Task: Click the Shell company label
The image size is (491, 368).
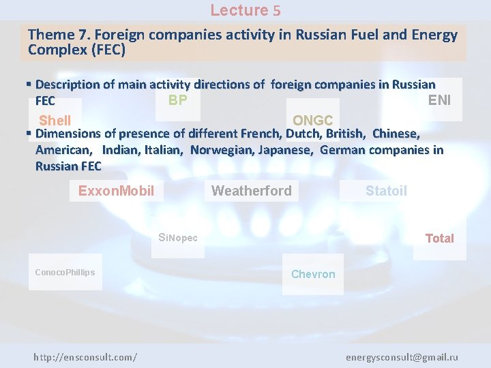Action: pyautogui.click(x=55, y=121)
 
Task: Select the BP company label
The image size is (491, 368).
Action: pyautogui.click(x=177, y=101)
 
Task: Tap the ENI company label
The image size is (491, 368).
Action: pyautogui.click(x=439, y=101)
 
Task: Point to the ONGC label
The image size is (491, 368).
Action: pyautogui.click(x=312, y=121)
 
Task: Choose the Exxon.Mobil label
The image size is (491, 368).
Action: pyautogui.click(x=116, y=191)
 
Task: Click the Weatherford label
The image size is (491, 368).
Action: pyautogui.click(x=251, y=191)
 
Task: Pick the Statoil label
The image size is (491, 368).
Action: pyautogui.click(x=386, y=191)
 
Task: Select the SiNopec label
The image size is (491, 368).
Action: pyautogui.click(x=177, y=238)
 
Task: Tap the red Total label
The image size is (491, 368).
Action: pyautogui.click(x=439, y=238)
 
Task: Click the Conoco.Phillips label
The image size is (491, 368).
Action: pyautogui.click(x=65, y=273)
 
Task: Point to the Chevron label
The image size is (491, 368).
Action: pyautogui.click(x=313, y=274)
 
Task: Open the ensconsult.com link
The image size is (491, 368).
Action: pyautogui.click(x=85, y=357)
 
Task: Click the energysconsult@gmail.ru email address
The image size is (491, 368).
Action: pyautogui.click(x=402, y=357)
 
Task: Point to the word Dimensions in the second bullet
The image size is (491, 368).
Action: pyautogui.click(x=67, y=134)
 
